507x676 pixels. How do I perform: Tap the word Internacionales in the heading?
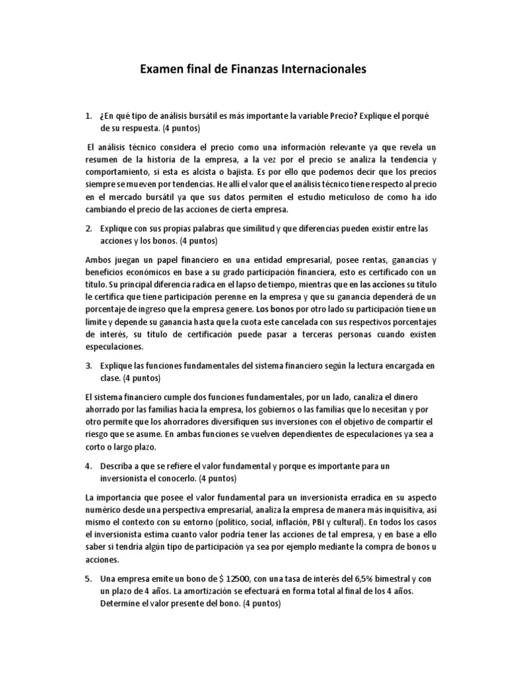[x=313, y=69]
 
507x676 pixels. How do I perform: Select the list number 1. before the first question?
[x=88, y=116]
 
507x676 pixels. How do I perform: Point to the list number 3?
[x=88, y=365]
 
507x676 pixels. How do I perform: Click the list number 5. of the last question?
[x=88, y=577]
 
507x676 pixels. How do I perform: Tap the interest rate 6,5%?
[x=333, y=578]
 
